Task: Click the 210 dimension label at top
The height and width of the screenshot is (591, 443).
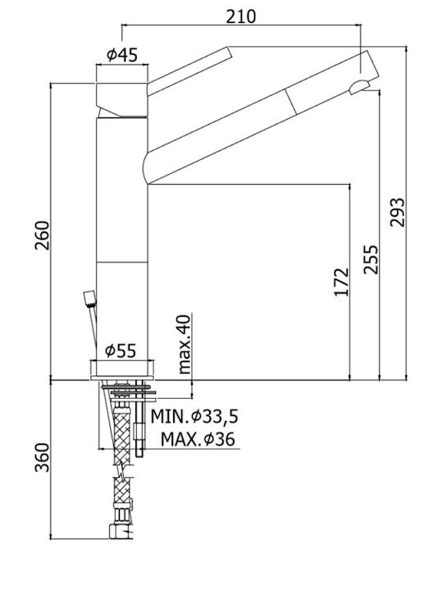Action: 240,16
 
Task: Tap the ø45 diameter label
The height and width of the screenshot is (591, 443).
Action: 122,55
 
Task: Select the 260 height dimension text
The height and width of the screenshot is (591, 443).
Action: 42,236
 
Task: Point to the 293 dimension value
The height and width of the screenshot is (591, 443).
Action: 397,213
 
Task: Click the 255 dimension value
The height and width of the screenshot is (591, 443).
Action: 371,259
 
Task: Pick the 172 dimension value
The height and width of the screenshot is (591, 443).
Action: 342,282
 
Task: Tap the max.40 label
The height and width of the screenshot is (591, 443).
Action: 185,344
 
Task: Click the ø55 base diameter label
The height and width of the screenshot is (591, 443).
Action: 121,351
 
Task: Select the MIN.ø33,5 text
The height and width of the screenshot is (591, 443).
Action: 194,416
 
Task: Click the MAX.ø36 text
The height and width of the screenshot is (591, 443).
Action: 198,439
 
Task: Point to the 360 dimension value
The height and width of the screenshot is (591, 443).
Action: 42,457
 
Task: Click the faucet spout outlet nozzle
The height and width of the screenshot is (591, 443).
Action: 359,87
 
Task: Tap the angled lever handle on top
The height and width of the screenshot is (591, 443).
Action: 190,71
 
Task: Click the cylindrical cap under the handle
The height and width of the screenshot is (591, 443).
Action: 122,99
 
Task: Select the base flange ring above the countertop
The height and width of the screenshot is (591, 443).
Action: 122,369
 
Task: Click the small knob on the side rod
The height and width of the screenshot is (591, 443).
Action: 89,299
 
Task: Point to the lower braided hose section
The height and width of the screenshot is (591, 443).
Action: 122,490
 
